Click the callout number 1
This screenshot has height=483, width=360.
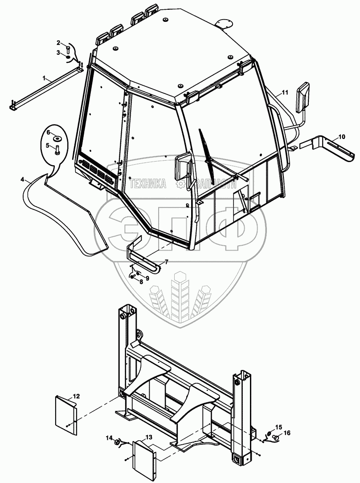pos(44,78)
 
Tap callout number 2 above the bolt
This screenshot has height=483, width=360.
pos(58,43)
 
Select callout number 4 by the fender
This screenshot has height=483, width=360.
pos(22,179)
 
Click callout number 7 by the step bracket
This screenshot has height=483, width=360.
pos(166,262)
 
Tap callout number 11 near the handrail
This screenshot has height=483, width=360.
pos(285,92)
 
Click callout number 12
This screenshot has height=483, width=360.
pos(77,396)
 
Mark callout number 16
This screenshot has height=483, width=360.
pos(286,433)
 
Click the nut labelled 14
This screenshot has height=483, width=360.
pos(117,443)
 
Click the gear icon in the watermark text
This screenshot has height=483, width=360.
pos(180,183)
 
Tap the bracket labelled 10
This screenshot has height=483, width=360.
pos(330,148)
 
